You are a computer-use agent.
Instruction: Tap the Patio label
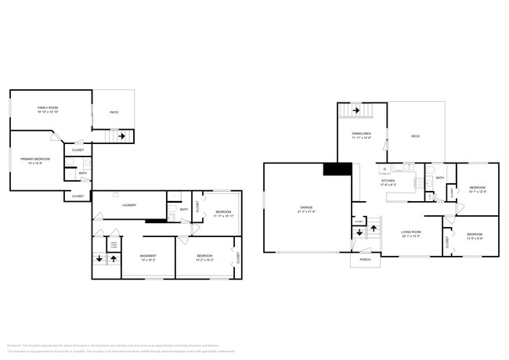tap(114, 113)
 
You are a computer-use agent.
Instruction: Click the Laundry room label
tap(129, 205)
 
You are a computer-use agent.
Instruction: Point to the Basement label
tap(148, 257)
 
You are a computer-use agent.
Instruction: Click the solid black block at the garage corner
tap(337, 170)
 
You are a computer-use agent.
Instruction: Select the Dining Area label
tap(361, 135)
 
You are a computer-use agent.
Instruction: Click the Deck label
tap(415, 136)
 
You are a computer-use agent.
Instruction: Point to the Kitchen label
tap(388, 182)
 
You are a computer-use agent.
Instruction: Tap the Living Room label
tap(411, 233)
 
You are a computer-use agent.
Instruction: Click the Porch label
tap(365, 259)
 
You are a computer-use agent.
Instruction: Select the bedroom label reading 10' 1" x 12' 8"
tap(478, 189)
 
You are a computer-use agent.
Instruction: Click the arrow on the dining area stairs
tap(356, 111)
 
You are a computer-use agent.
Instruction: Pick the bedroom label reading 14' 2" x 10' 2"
tap(204, 257)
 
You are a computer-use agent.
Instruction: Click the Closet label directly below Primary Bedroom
tap(78, 196)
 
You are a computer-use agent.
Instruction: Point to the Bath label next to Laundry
tap(183, 209)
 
